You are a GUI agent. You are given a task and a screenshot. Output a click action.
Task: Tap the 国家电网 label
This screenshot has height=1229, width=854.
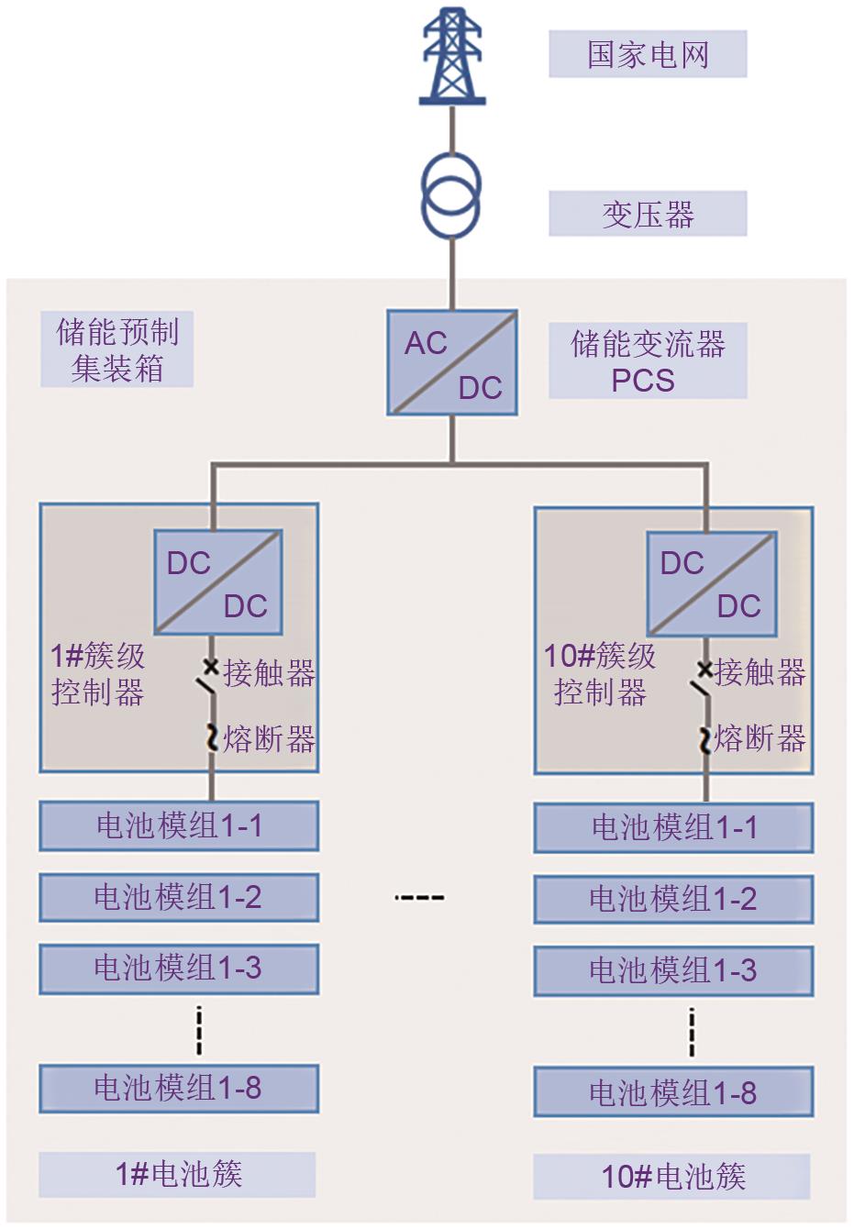click(648, 55)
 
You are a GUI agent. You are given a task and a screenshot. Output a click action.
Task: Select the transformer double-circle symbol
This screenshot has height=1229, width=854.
click(451, 195)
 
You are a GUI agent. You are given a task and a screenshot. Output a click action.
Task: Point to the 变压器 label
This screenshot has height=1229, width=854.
click(648, 215)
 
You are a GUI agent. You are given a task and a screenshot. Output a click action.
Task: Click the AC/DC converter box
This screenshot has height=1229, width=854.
click(451, 363)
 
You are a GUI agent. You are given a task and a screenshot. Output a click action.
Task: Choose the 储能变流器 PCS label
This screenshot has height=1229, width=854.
click(648, 361)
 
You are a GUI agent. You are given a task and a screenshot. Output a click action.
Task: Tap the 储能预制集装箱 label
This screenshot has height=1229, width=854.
click(117, 350)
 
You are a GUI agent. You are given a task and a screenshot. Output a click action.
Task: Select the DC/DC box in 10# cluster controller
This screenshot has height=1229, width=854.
click(712, 584)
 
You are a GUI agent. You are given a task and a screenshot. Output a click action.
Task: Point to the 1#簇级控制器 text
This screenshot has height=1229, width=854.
click(98, 674)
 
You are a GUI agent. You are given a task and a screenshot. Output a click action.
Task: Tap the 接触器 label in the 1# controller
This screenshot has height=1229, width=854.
click(269, 673)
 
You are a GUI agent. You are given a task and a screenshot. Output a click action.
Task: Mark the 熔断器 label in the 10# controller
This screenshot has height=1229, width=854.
click(760, 738)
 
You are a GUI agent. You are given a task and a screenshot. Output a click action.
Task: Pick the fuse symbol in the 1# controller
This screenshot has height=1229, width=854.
click(212, 737)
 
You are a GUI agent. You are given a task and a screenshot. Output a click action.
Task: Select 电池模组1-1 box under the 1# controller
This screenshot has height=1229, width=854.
click(179, 826)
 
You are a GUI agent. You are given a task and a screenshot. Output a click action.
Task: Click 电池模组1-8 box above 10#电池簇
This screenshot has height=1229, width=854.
click(673, 1092)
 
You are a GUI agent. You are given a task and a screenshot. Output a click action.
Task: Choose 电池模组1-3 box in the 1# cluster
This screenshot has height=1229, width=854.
click(179, 969)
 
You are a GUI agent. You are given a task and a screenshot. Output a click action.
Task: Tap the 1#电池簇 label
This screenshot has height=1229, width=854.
click(178, 1174)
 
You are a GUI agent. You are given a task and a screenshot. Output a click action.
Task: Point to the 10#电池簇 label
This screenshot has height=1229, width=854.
click(672, 1177)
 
